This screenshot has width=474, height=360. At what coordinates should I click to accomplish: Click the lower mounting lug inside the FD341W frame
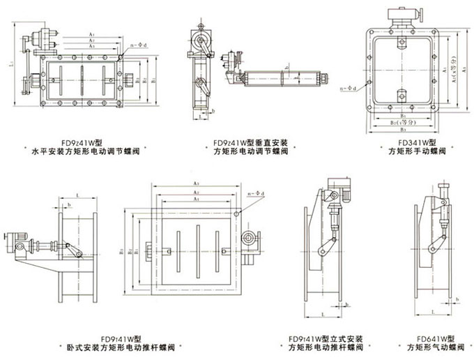402,95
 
